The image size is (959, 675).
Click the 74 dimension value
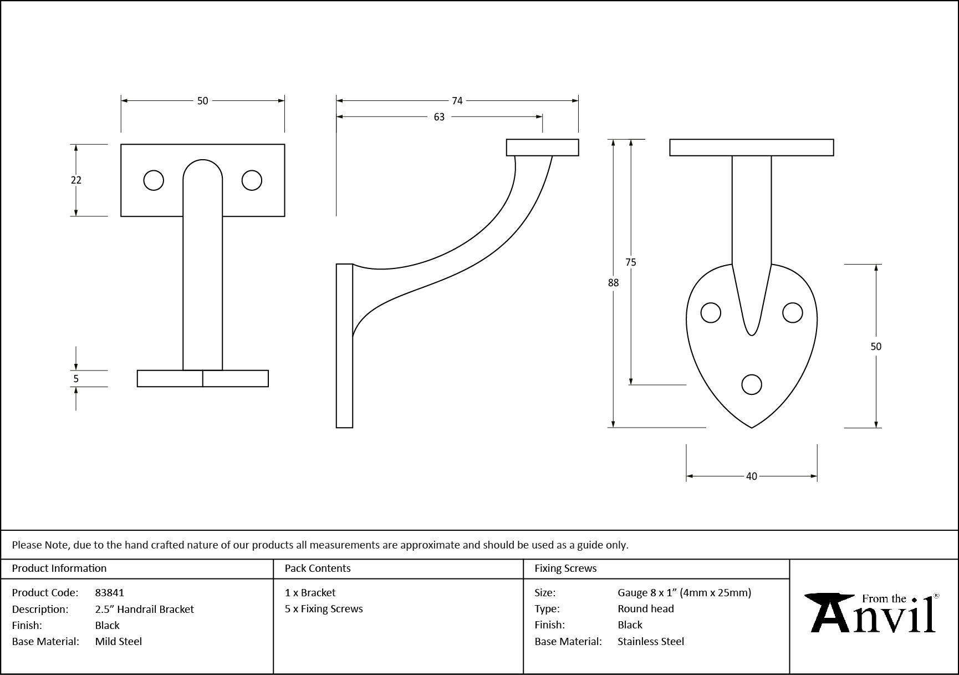[457, 101]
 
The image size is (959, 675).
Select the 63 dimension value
[439, 117]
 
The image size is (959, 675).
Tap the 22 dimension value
[76, 180]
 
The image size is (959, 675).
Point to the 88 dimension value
[613, 283]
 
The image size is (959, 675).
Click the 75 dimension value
[631, 262]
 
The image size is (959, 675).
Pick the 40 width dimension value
[751, 476]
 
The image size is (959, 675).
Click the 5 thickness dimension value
[76, 379]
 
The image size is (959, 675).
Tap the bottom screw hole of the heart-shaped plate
[752, 384]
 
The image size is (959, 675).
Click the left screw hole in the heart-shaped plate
[711, 313]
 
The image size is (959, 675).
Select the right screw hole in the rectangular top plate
[252, 180]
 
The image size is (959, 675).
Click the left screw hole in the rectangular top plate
[154, 180]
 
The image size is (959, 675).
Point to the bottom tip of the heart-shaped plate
[752, 428]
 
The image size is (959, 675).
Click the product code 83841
[110, 593]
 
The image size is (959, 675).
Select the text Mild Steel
[119, 642]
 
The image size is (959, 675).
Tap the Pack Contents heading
[318, 569]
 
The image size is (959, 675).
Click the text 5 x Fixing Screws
[324, 609]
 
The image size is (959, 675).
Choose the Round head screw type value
[646, 609]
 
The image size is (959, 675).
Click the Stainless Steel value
[651, 642]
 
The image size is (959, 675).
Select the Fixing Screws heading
[565, 569]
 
